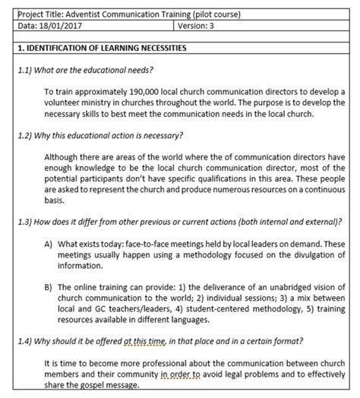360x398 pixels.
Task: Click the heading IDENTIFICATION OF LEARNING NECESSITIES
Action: click(106, 48)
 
